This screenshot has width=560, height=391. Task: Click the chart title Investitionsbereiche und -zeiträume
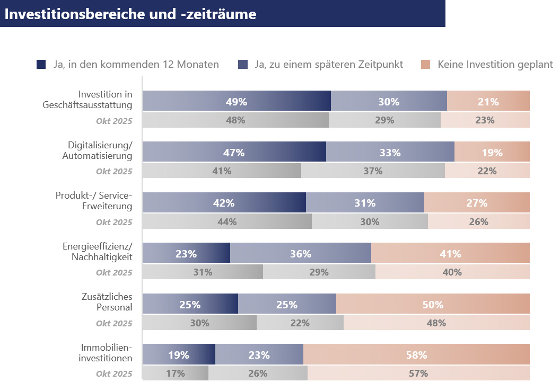(x=130, y=14)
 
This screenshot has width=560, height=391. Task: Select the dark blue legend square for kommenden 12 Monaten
(x=41, y=64)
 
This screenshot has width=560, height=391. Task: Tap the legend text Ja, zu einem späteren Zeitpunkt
(x=329, y=64)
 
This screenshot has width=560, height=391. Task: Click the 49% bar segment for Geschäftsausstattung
(x=237, y=101)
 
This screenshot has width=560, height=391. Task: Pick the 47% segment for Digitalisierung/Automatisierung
(x=234, y=152)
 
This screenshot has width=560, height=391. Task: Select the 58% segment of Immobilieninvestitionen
(x=416, y=354)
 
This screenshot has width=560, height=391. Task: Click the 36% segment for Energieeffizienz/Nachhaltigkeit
(x=301, y=253)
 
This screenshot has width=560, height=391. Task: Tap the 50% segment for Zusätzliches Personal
(x=433, y=304)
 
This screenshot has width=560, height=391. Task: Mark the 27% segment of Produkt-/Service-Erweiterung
(x=477, y=202)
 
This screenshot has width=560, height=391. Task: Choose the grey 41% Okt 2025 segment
(x=222, y=171)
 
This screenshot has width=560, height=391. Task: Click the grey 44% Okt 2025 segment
(x=227, y=221)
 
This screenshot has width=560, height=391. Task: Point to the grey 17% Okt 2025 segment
(x=176, y=373)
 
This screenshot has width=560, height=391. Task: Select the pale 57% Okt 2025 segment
(x=418, y=373)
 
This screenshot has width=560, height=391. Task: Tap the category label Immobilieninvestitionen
(x=106, y=352)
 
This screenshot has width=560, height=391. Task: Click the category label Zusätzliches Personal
(x=107, y=302)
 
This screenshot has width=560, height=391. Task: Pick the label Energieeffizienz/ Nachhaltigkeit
(x=97, y=252)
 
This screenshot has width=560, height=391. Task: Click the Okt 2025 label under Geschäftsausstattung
(x=114, y=121)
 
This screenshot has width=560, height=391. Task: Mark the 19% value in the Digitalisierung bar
(x=492, y=153)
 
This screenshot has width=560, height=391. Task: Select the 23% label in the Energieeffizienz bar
(x=186, y=254)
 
